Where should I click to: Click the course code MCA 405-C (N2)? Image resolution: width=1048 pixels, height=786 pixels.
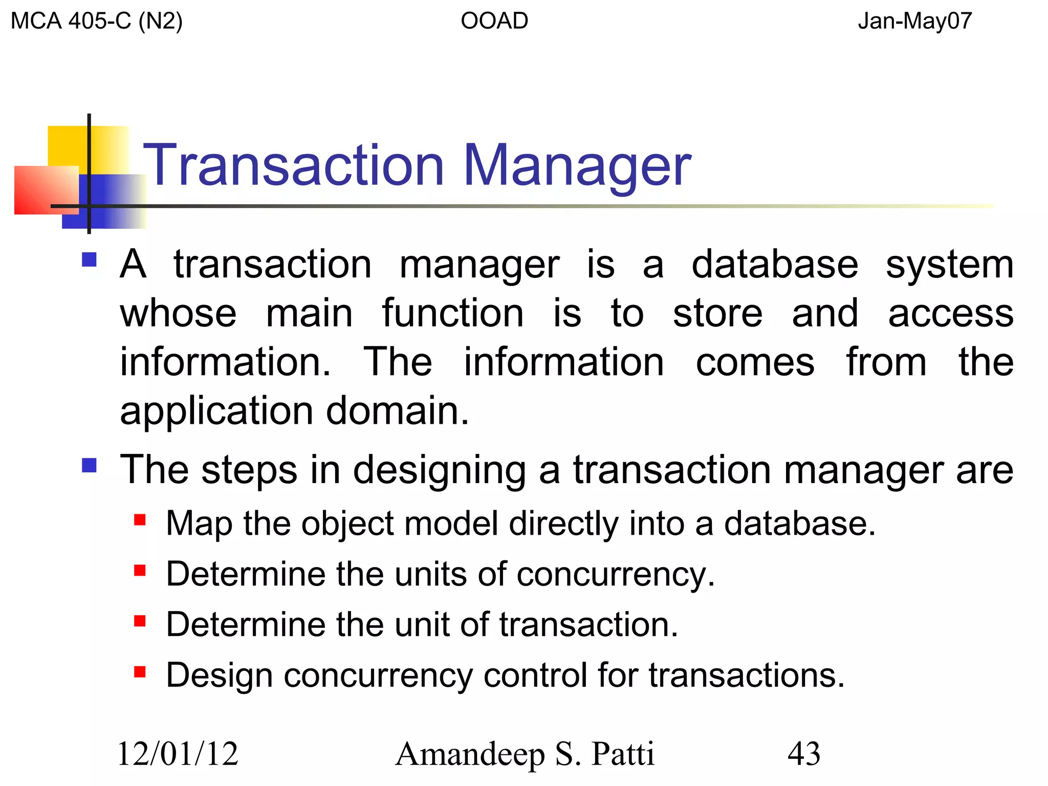point(96,21)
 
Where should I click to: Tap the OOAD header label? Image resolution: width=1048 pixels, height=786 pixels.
point(494,21)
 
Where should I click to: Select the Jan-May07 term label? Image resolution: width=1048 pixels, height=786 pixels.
point(914,21)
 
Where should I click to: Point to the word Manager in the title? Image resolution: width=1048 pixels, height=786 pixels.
point(577,167)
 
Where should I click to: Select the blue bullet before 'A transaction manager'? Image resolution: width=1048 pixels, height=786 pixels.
point(90,260)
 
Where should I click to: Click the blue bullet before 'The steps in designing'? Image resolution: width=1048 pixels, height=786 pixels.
point(90,465)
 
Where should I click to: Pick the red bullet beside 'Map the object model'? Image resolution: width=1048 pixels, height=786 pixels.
point(140,520)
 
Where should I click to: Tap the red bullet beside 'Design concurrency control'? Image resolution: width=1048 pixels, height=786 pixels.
point(140,671)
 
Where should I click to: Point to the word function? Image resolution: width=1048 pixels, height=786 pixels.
point(453,313)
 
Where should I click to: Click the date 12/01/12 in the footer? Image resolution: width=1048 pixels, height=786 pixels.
point(178,754)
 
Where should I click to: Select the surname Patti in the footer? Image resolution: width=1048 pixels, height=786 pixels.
point(623,754)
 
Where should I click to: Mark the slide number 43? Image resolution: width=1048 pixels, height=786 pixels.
point(803,754)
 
